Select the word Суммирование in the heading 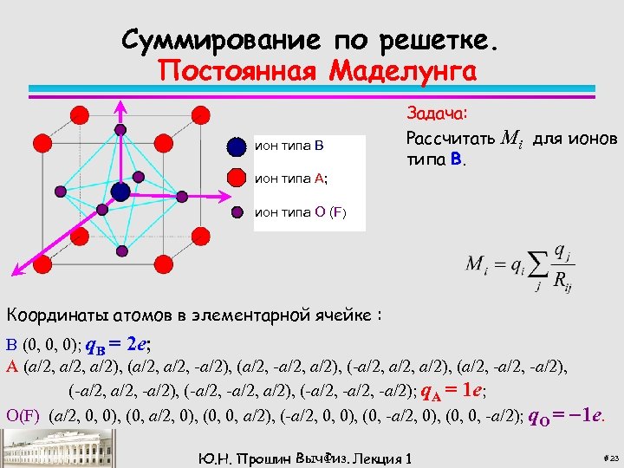coord(220,39)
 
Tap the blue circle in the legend coord(236,146)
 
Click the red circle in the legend coord(236,179)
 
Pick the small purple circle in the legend coord(236,211)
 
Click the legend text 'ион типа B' coord(289,146)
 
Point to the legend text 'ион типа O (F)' coord(300,211)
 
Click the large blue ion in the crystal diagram coord(120,192)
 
